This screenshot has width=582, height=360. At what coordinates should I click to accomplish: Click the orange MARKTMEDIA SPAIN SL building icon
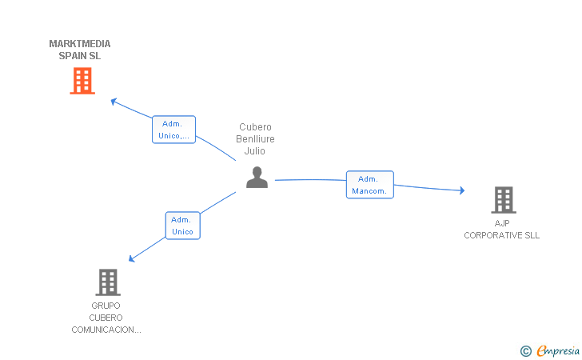(82, 81)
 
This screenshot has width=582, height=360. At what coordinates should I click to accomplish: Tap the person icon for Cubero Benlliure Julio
(257, 178)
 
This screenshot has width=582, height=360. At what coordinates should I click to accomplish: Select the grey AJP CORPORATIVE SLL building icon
(504, 200)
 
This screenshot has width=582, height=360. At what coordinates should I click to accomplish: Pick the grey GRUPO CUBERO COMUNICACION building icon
(108, 282)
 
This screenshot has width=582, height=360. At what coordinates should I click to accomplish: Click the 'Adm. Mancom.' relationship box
(369, 185)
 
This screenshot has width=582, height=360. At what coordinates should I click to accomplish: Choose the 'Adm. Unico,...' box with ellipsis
(173, 130)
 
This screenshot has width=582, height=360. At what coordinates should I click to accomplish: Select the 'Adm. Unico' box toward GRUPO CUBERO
(182, 226)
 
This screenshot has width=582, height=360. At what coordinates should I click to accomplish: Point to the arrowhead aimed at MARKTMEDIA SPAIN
(114, 101)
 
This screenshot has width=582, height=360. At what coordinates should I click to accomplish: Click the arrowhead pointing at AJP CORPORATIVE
(462, 190)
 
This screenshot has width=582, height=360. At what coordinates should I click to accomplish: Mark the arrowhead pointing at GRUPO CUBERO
(131, 258)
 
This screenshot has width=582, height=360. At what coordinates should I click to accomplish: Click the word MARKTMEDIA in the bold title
(80, 44)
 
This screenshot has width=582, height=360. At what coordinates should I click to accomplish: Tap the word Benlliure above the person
(255, 139)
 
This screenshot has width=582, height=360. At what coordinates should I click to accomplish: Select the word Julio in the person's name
(254, 151)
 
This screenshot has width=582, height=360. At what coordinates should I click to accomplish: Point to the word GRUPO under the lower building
(106, 306)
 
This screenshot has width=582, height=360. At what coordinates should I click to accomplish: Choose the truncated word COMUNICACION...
(106, 330)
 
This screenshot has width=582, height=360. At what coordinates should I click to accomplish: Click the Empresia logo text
(558, 350)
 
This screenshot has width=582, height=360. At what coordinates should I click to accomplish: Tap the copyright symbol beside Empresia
(526, 351)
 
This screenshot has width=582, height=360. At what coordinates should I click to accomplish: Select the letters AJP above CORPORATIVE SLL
(502, 223)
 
